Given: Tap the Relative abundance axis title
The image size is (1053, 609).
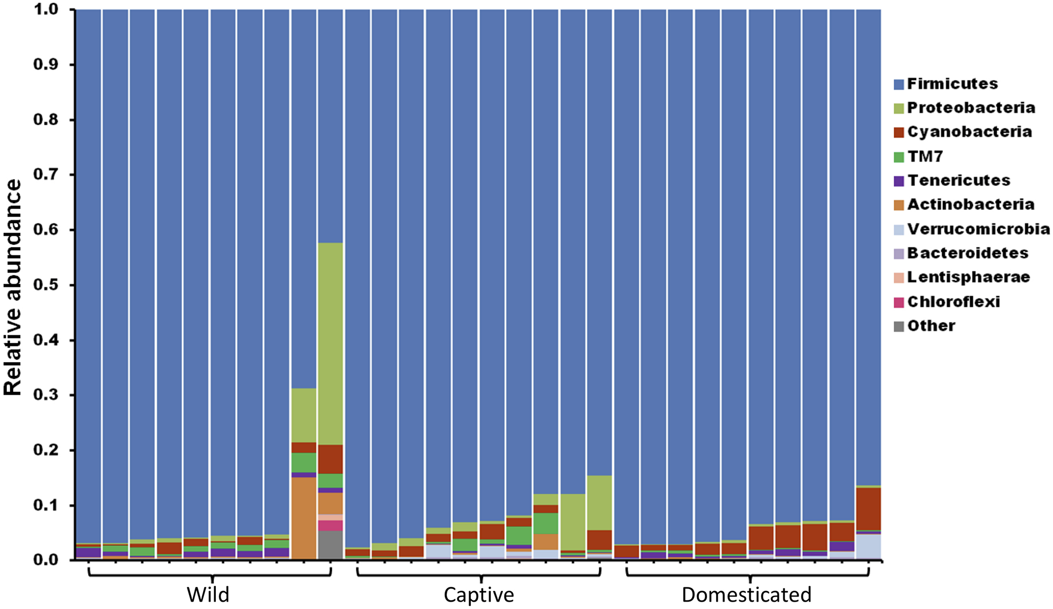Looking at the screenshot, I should point(13,287).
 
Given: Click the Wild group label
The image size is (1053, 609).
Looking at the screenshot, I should point(208,595).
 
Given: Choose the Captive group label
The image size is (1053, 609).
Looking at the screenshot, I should point(479,595).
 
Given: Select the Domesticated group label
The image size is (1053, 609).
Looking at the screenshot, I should point(746,595).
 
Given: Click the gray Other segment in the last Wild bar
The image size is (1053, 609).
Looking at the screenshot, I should point(331,545).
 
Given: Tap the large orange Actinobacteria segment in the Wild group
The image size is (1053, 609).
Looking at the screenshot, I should point(304,518).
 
